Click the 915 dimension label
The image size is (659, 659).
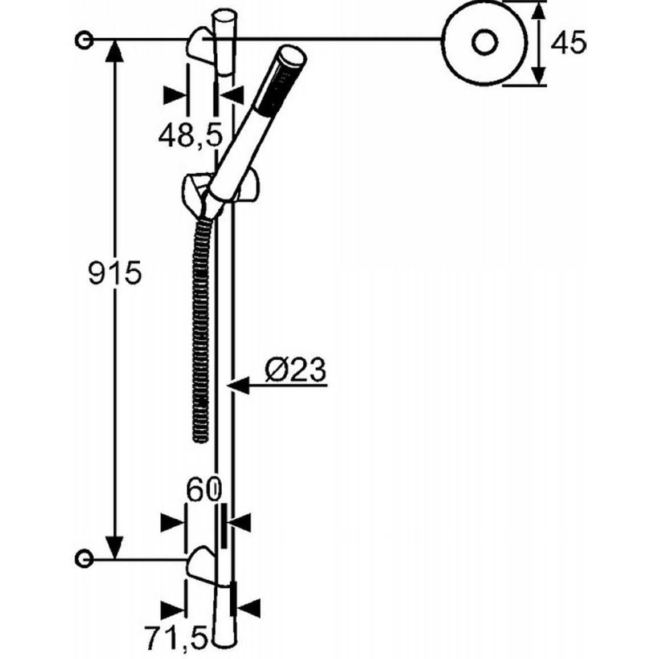pos(115,274)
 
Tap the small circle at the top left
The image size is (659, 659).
pos(84,40)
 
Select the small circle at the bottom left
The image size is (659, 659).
pos(84,559)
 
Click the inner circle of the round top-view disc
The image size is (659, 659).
pos(485,43)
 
